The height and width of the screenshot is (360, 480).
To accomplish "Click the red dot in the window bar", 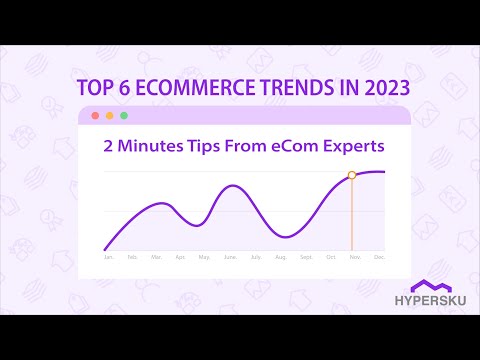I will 95,117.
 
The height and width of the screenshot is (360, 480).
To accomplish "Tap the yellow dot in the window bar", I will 107,117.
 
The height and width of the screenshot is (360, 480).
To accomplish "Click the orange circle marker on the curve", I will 351,175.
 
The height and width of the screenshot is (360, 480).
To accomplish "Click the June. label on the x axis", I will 230,257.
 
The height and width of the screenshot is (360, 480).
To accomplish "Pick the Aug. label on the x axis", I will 282,257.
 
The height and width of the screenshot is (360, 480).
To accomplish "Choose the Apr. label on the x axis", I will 180,257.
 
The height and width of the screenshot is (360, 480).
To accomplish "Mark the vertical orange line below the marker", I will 351,215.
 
